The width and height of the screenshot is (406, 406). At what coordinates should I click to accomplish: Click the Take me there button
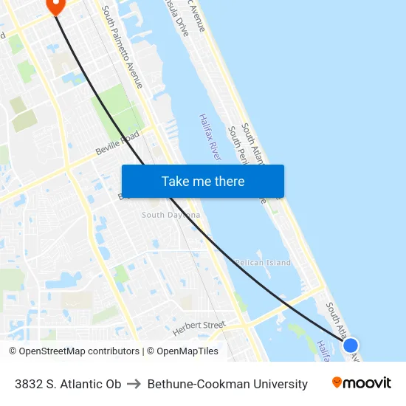tap(202, 181)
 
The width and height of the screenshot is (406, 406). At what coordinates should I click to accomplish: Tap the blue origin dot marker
tap(351, 345)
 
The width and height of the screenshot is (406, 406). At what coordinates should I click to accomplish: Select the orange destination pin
tap(55, 5)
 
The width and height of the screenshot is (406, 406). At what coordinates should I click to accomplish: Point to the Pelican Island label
tap(263, 263)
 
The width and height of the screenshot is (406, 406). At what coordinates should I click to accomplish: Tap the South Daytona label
tap(171, 215)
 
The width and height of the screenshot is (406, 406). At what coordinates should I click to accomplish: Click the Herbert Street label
tap(199, 325)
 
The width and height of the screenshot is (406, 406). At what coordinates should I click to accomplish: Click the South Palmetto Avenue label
tap(123, 47)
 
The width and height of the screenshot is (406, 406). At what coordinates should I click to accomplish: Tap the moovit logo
tap(361, 383)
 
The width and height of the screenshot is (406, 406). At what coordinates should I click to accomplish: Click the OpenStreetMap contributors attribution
tap(74, 351)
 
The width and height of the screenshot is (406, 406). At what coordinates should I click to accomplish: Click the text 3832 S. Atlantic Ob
tap(68, 384)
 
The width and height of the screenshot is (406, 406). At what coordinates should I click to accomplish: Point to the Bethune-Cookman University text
tap(227, 384)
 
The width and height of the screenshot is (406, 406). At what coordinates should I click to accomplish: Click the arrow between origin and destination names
tap(134, 384)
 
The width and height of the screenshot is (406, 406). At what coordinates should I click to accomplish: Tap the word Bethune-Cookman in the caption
tap(198, 384)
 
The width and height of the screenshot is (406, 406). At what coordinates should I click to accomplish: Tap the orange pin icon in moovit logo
tap(337, 382)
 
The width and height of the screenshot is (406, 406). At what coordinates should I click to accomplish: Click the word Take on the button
tap(175, 181)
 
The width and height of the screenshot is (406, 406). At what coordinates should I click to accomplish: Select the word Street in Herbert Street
tap(213, 325)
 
